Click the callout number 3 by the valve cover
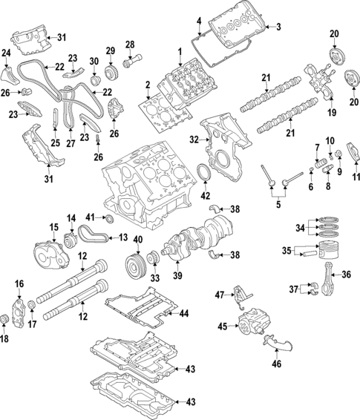tap(279, 27)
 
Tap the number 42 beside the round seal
tap(205, 196)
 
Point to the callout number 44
tap(185, 314)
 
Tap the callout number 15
tap(53, 226)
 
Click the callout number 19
tap(312, 112)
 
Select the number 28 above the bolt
tap(130, 45)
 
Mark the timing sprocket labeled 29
tap(111, 73)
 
